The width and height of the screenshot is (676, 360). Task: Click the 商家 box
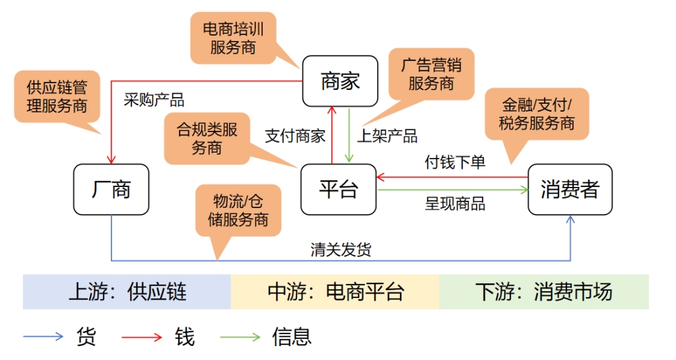coord(340,81)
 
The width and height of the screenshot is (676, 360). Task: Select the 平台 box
coord(338,190)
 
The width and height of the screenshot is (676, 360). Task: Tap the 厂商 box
coord(111,190)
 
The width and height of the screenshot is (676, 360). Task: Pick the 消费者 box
coord(570,190)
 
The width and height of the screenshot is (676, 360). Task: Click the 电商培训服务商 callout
coord(233,38)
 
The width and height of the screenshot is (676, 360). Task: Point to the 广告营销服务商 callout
coord(431,74)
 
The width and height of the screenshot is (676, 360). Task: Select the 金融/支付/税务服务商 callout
coord(536,114)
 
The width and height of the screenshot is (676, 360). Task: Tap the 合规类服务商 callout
coord(207,138)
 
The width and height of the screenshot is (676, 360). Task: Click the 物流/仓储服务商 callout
coord(238,210)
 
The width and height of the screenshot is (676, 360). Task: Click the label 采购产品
coord(154,100)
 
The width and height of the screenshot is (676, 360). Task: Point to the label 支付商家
coord(295,136)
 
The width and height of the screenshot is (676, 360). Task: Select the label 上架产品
coord(388,136)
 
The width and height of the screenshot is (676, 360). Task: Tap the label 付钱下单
coord(455,162)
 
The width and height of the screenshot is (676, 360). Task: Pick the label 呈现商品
coord(455,203)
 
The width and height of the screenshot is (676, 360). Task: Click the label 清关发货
coord(341,249)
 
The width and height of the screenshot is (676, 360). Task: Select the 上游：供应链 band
coord(127,291)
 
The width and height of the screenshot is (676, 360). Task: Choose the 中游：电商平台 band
coord(335,291)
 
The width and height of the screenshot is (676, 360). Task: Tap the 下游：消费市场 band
coord(543,291)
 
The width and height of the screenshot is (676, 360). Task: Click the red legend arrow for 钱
coord(141,337)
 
